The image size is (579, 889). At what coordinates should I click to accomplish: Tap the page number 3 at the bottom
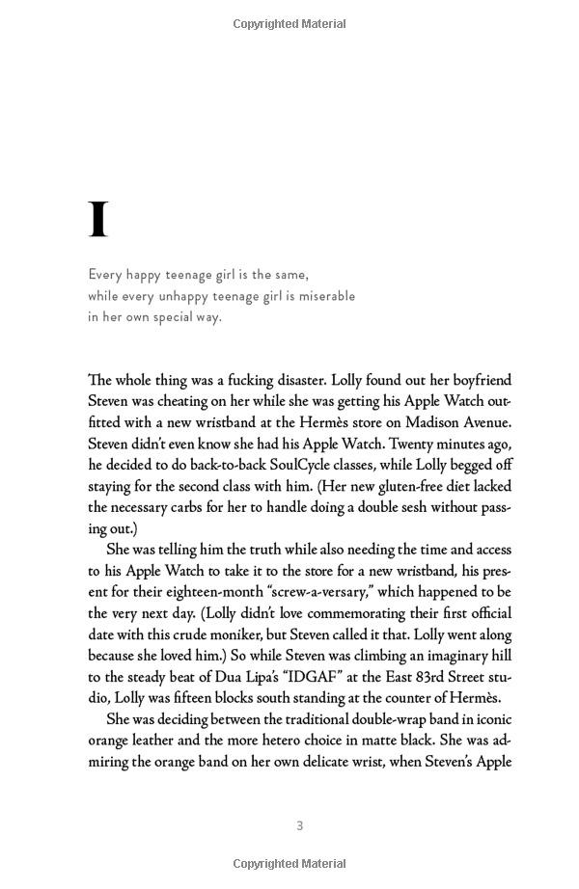(300, 825)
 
